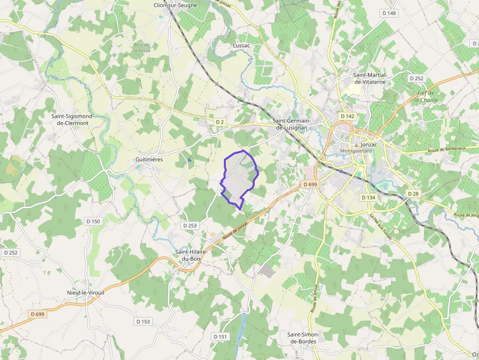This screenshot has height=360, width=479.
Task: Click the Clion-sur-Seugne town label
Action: (175, 5)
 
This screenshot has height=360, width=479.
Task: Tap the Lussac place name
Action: (241, 45)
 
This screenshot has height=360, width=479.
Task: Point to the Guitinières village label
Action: (149, 160)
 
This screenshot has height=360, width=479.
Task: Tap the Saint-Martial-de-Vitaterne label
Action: (370, 78)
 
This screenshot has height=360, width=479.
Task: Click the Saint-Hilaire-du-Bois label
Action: (191, 255)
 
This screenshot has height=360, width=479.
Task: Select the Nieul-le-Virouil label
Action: (86, 293)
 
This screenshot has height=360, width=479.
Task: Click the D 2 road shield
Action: (219, 122)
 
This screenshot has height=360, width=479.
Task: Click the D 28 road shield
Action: (413, 194)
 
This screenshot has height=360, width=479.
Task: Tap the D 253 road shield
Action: (189, 226)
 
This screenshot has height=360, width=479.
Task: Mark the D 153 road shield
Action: (143, 321)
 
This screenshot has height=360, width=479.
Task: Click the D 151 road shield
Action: (220, 337)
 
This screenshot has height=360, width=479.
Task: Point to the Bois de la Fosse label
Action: (142, 47)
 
